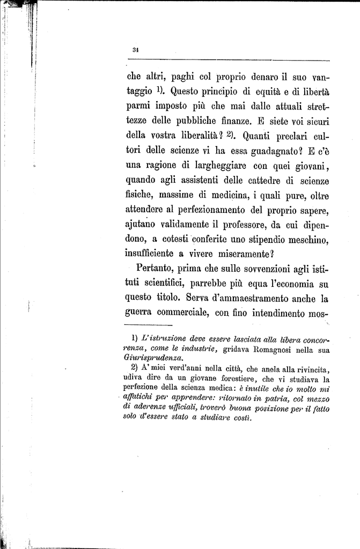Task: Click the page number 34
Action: [135, 50]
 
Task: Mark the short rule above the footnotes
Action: [148, 325]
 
